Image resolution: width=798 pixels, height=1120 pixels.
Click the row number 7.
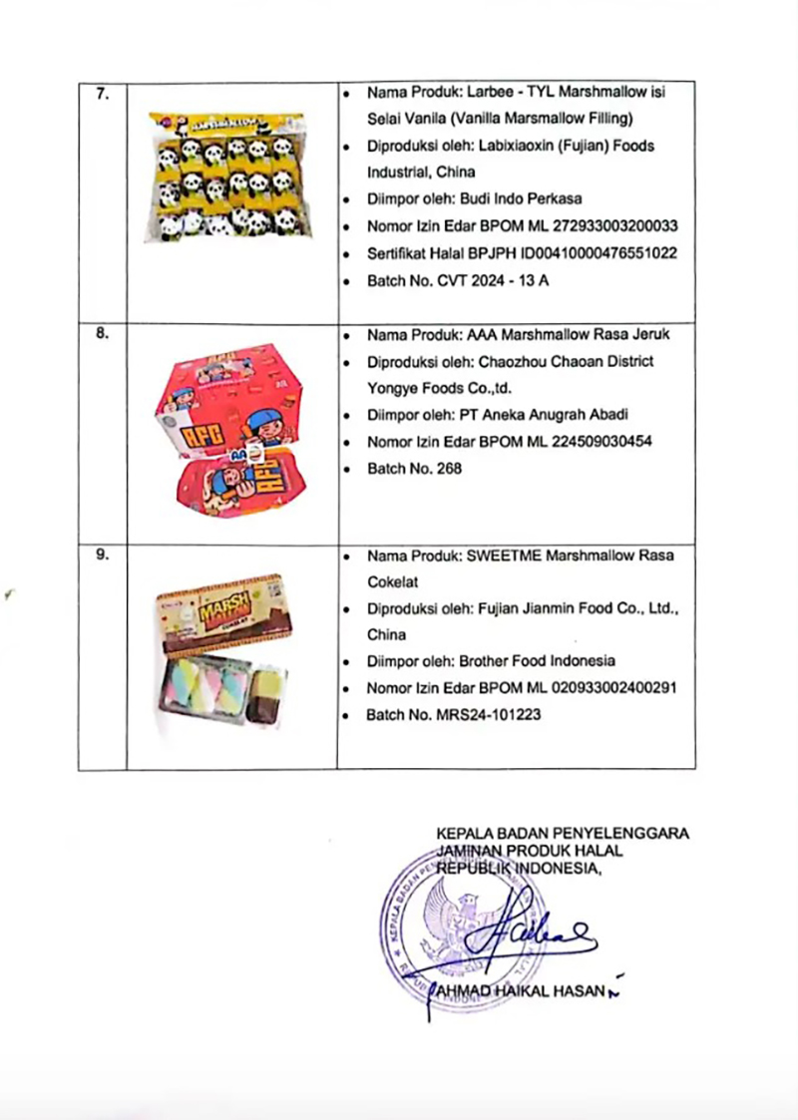click(102, 93)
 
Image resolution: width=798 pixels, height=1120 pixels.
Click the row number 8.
click(102, 335)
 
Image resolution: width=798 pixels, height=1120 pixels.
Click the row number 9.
click(102, 556)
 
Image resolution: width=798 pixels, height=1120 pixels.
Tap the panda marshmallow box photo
click(231, 176)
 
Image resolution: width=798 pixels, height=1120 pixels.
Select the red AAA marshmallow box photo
click(229, 428)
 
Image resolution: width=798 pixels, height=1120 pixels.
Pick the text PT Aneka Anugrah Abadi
click(543, 415)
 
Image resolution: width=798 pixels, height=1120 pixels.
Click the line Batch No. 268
click(414, 469)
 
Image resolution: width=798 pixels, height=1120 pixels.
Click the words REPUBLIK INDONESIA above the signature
click(520, 867)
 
